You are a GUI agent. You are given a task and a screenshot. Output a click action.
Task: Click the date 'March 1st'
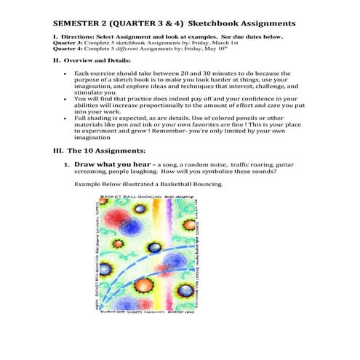click(212, 41)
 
